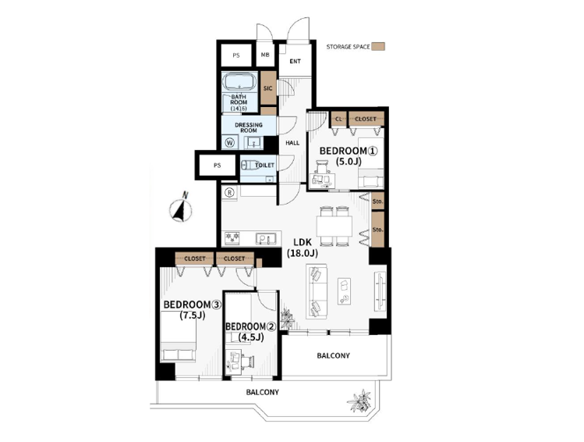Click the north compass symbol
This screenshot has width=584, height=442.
click(x=181, y=209)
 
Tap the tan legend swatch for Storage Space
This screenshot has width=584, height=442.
click(x=380, y=47)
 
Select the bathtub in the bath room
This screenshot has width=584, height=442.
click(x=239, y=82)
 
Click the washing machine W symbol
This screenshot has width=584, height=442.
click(x=230, y=142)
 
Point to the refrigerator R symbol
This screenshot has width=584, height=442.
click(x=230, y=192)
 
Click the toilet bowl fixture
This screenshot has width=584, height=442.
click(x=249, y=165)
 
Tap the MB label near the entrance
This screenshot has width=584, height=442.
click(x=265, y=55)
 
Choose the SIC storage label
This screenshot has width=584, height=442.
click(x=267, y=88)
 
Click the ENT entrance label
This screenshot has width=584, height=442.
click(x=295, y=61)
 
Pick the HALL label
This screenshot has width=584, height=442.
click(x=292, y=143)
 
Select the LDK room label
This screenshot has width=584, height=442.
click(x=303, y=242)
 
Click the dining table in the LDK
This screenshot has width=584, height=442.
click(x=334, y=226)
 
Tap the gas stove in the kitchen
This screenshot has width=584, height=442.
click(x=232, y=238)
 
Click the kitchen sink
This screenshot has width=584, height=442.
click(x=266, y=238)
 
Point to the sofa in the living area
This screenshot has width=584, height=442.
click(x=317, y=291)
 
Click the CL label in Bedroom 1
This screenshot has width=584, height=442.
click(x=338, y=119)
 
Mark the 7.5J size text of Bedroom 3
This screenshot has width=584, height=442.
click(x=192, y=315)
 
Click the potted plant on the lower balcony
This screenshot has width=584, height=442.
click(x=359, y=401)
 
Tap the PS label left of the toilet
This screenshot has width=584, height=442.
click(x=217, y=166)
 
